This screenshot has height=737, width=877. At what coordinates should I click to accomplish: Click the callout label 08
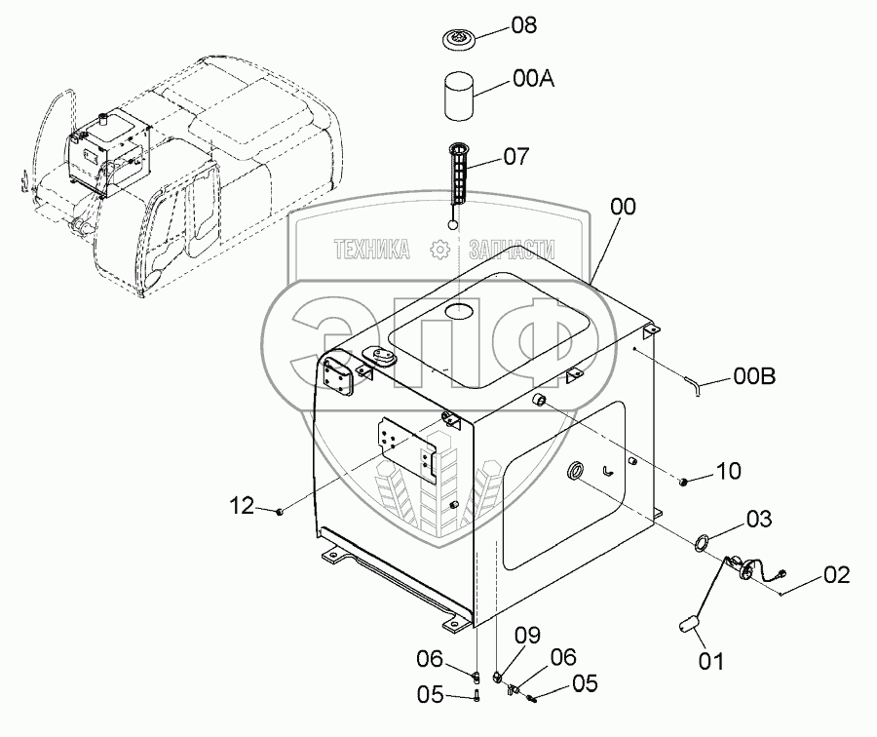[524, 25]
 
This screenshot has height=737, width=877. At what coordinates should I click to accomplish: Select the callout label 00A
[533, 80]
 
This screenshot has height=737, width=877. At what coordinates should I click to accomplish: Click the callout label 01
[711, 662]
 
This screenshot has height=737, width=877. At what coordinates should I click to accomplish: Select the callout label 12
[243, 505]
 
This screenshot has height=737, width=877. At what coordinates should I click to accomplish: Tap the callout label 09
[527, 636]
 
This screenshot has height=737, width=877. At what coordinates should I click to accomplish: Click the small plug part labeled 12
[280, 509]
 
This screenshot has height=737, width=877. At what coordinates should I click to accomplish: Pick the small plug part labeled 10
[686, 480]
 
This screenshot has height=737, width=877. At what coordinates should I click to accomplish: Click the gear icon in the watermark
[439, 251]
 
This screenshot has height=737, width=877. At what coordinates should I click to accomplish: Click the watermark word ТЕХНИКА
[371, 251]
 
